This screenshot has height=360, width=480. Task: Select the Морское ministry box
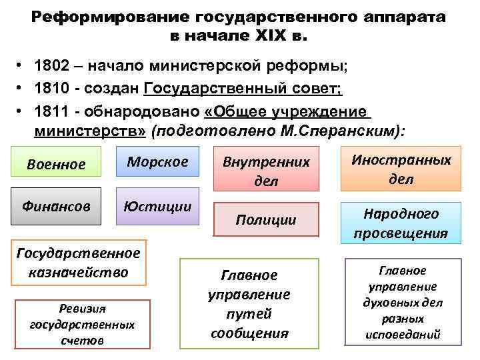(x=157, y=161)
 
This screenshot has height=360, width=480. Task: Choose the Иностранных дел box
(x=401, y=169)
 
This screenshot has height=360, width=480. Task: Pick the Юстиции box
(x=157, y=207)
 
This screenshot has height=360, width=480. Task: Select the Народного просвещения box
(x=401, y=223)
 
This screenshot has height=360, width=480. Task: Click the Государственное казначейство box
(x=78, y=263)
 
